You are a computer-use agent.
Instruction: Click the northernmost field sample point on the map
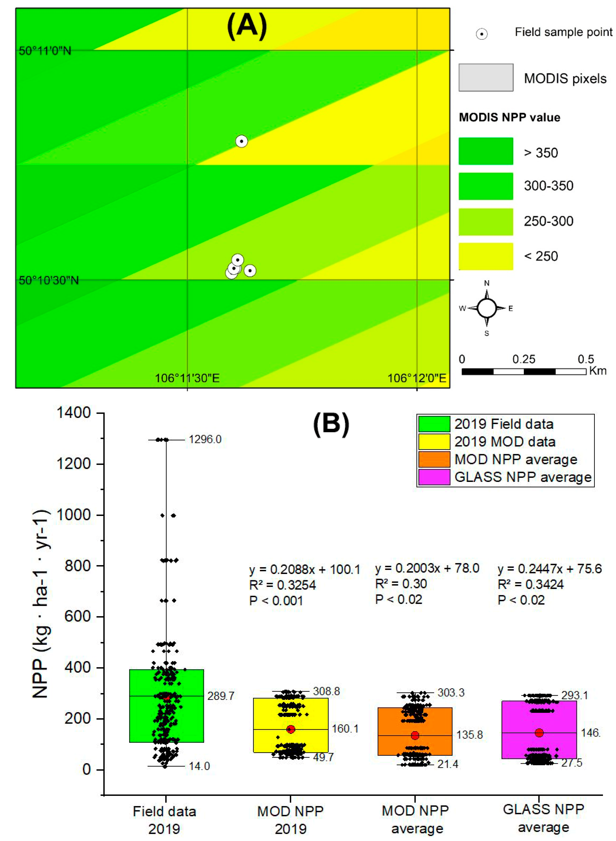[x=241, y=141]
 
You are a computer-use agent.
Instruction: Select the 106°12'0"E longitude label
[x=416, y=378]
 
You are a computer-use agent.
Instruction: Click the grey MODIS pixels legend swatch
[x=486, y=77]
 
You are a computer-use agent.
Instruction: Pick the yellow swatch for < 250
[x=486, y=257]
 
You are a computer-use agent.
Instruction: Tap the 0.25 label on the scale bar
[x=524, y=359]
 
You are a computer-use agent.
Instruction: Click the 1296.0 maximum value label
[x=205, y=439]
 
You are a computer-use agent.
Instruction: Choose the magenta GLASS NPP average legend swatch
[x=434, y=477]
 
